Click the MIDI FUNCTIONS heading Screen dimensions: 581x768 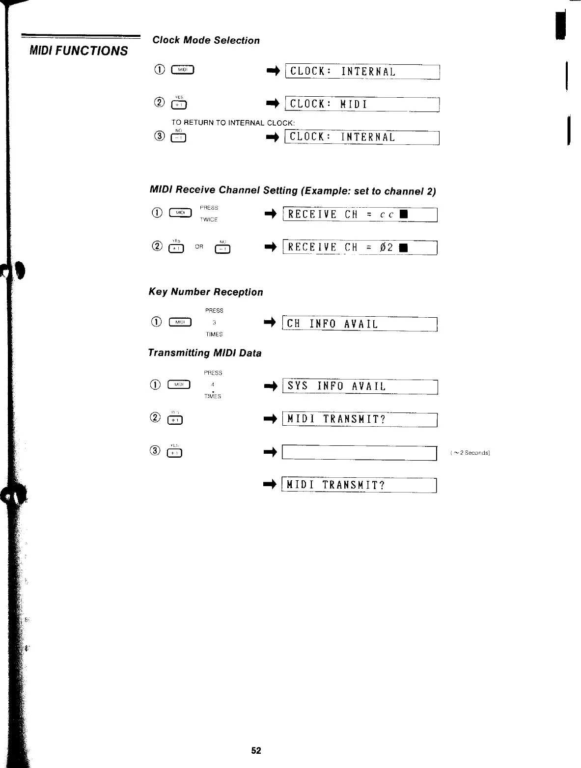tap(79, 51)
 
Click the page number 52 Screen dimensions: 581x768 tap(256, 750)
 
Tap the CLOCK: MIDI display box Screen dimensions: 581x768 tap(362, 104)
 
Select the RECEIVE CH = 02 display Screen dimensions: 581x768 tap(360, 247)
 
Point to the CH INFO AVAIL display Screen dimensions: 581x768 tap(360, 324)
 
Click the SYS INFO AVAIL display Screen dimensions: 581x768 tap(360, 386)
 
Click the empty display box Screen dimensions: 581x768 tap(360, 453)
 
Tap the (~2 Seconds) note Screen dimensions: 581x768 tap(470, 453)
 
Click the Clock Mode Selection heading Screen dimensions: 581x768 tap(206, 40)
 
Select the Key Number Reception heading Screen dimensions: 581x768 tap(206, 292)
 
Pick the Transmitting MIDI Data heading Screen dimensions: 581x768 tap(205, 353)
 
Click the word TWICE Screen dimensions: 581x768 tap(209, 219)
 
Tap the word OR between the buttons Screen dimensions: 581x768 tap(199, 247)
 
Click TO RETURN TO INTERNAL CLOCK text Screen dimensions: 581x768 tap(233, 123)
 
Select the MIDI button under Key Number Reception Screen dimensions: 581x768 tap(180, 323)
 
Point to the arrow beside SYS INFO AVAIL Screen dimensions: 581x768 tap(271, 387)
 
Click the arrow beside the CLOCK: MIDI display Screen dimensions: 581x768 tap(273, 104)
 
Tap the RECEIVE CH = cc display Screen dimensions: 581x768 tap(360, 215)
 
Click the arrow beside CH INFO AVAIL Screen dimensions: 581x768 tap(271, 323)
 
